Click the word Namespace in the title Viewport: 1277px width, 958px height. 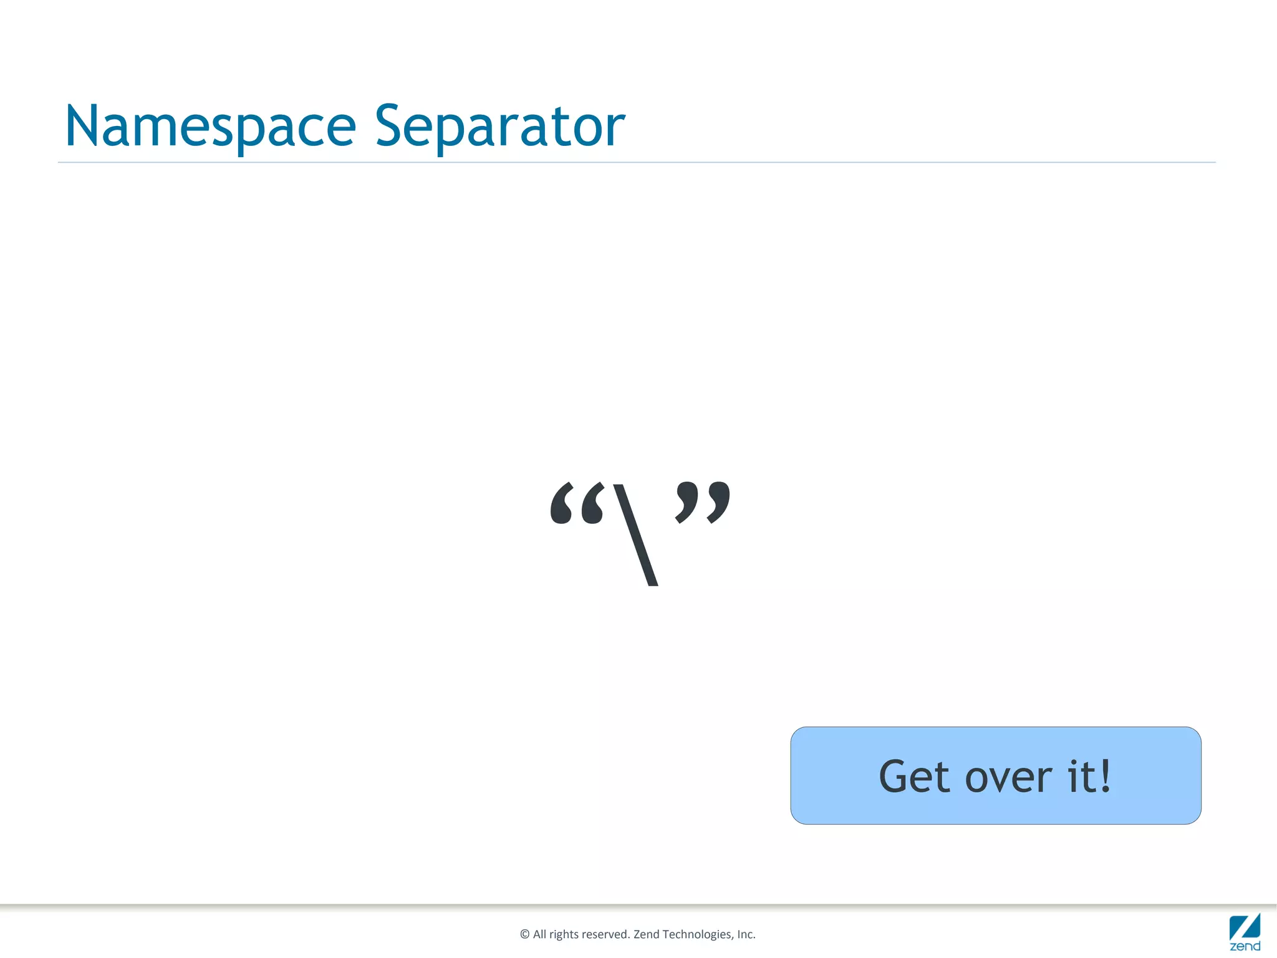[x=211, y=127]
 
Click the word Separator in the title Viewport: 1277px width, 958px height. [x=499, y=127]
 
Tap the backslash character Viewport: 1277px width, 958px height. [x=636, y=535]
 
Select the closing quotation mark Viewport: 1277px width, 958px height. [x=703, y=501]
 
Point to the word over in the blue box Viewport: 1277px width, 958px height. [x=1008, y=778]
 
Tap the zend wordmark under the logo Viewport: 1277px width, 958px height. [x=1245, y=946]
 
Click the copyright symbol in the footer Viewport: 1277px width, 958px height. [x=524, y=934]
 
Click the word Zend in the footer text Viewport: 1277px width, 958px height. [x=646, y=934]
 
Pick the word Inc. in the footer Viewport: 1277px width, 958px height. [x=746, y=934]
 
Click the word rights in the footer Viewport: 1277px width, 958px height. [x=564, y=934]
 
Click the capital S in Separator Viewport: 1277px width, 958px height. [x=388, y=127]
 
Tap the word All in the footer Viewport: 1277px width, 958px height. [x=539, y=934]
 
